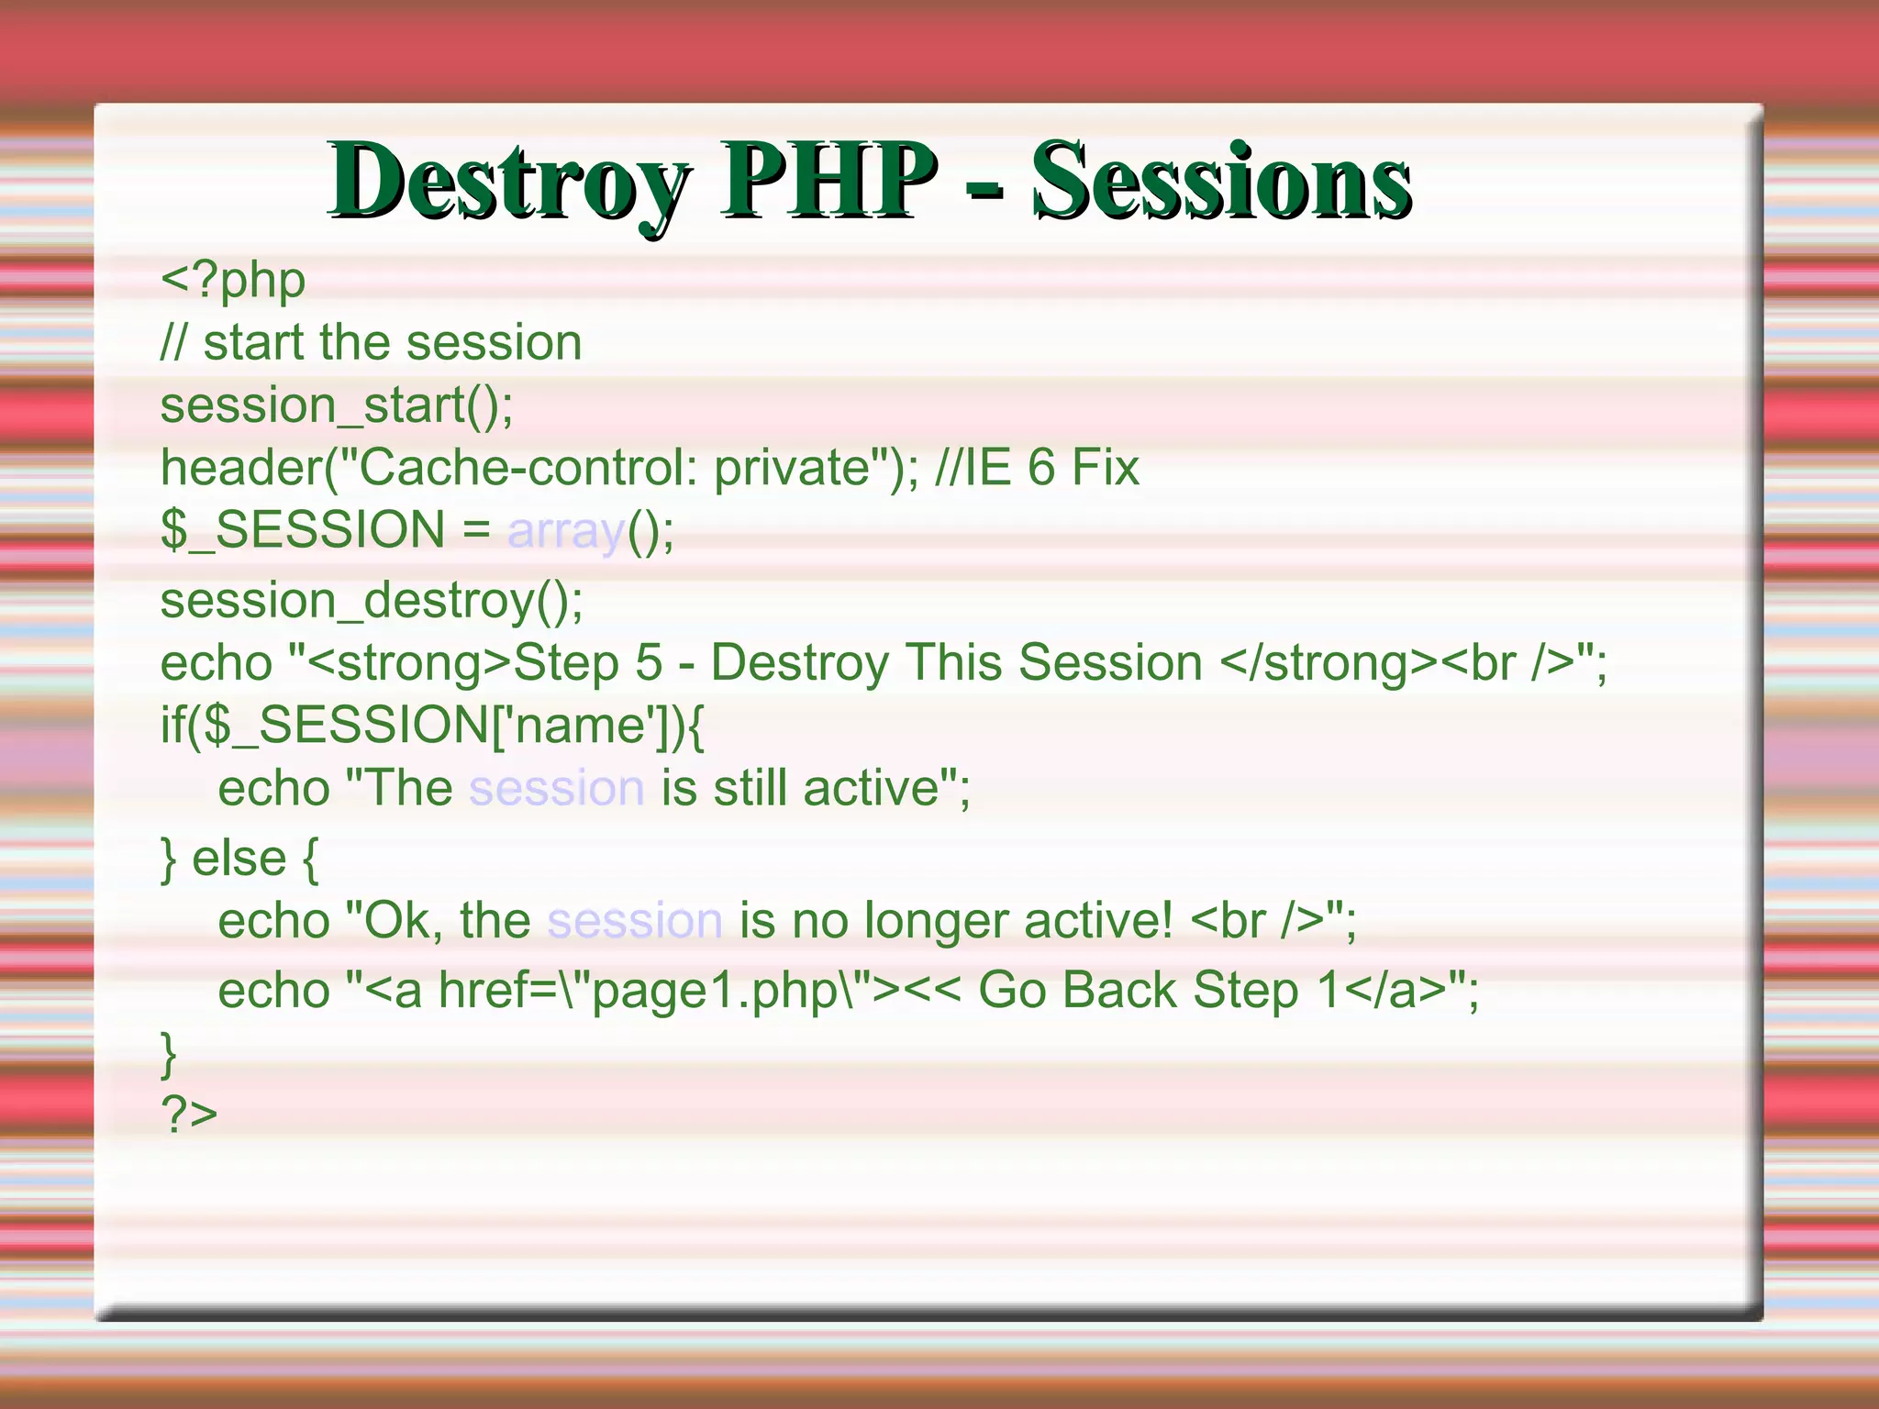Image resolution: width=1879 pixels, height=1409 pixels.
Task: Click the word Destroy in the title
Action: (x=509, y=181)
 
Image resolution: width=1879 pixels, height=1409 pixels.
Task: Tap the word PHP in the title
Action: (x=828, y=181)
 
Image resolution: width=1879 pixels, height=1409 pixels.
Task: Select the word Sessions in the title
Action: (x=1221, y=181)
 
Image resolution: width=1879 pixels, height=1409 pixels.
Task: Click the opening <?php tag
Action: (x=233, y=282)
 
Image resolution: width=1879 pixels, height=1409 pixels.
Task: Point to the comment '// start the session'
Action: (x=372, y=344)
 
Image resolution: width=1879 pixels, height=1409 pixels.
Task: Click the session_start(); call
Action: (x=337, y=406)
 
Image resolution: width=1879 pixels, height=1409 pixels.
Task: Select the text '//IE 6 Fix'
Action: (x=1037, y=468)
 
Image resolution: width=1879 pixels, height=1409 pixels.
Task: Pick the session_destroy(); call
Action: (x=372, y=602)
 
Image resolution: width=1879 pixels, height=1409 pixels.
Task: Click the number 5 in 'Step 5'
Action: (x=649, y=663)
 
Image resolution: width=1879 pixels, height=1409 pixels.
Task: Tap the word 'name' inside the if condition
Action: (x=582, y=726)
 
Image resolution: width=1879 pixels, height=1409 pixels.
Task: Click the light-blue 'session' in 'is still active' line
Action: (x=557, y=789)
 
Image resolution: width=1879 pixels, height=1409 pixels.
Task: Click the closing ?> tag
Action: (x=189, y=1115)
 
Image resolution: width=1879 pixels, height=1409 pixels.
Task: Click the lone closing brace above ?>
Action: (x=168, y=1053)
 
